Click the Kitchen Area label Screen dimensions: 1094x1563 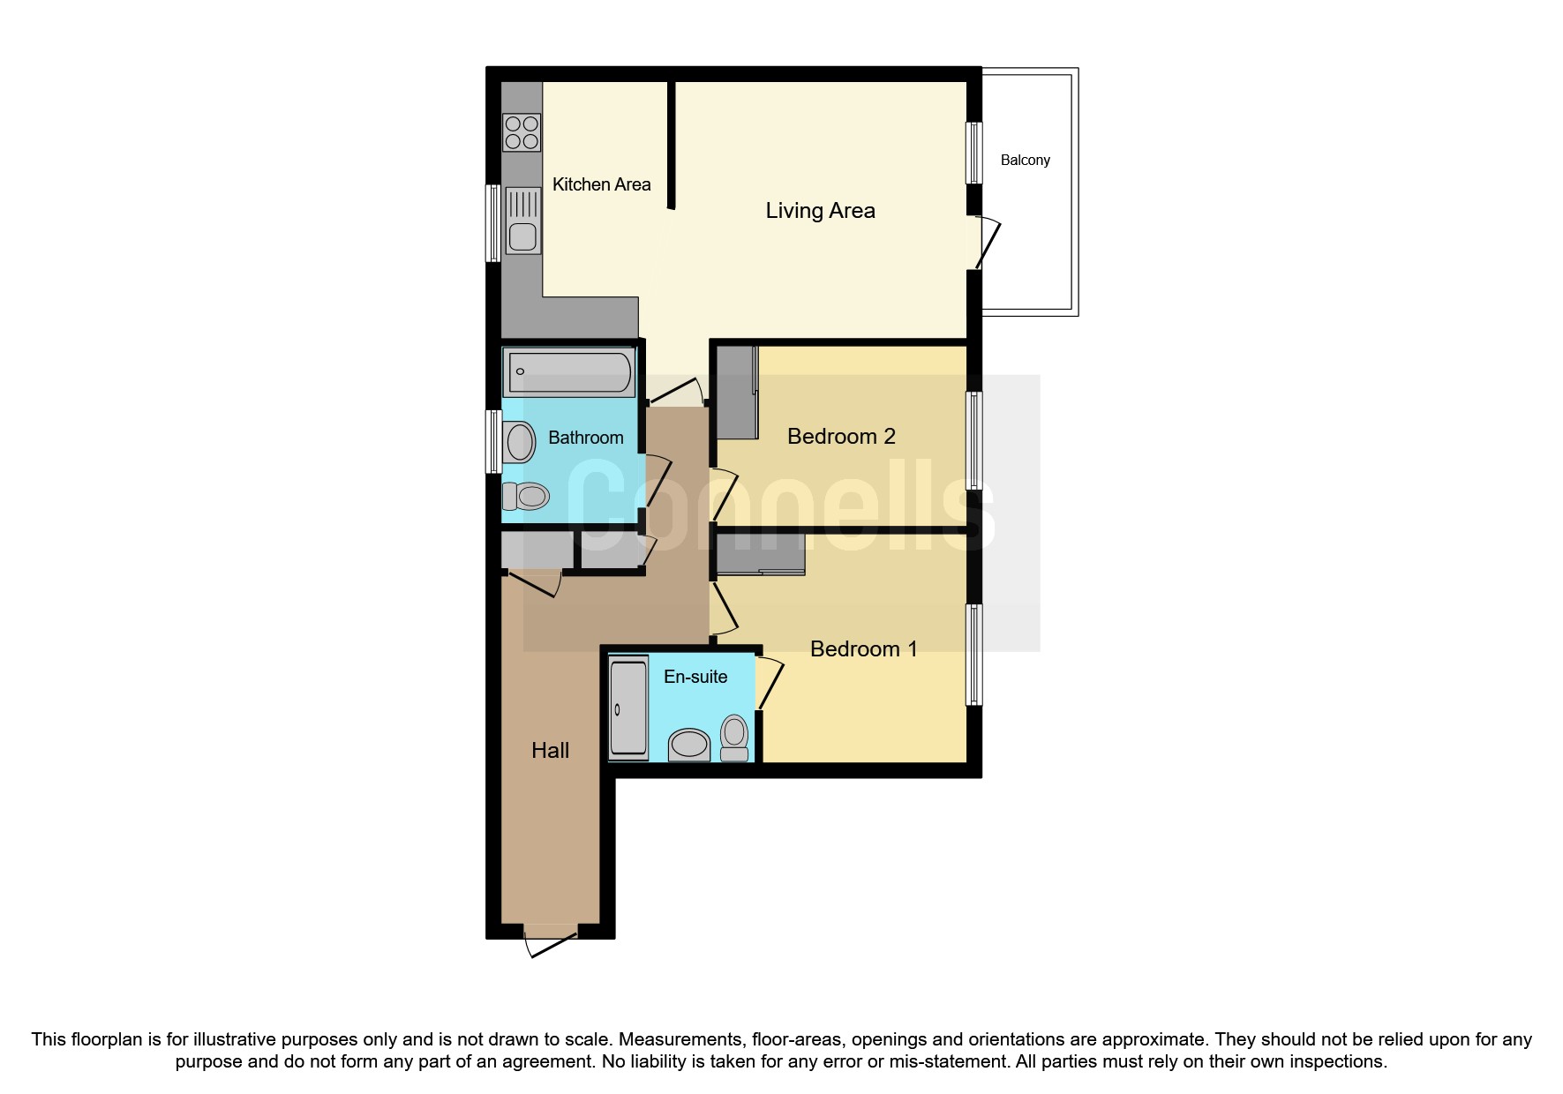[x=601, y=184]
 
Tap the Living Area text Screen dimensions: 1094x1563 [x=820, y=211]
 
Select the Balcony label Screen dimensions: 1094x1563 [x=1025, y=161]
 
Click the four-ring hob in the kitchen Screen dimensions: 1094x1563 [x=522, y=133]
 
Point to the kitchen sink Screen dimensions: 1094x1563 [x=522, y=221]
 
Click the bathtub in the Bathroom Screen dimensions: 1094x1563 [x=570, y=371]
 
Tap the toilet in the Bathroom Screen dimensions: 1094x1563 [x=526, y=496]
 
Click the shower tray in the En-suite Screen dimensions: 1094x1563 [x=628, y=708]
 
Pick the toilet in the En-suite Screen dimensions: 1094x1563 [x=734, y=738]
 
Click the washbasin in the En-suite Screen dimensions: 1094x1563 [x=689, y=745]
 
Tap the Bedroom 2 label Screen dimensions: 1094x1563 [x=841, y=437]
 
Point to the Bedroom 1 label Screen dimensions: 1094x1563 [x=863, y=649]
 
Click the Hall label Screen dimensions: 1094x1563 [x=550, y=751]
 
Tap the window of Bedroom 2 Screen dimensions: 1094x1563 [x=974, y=440]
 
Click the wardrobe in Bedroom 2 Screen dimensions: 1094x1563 [x=736, y=393]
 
